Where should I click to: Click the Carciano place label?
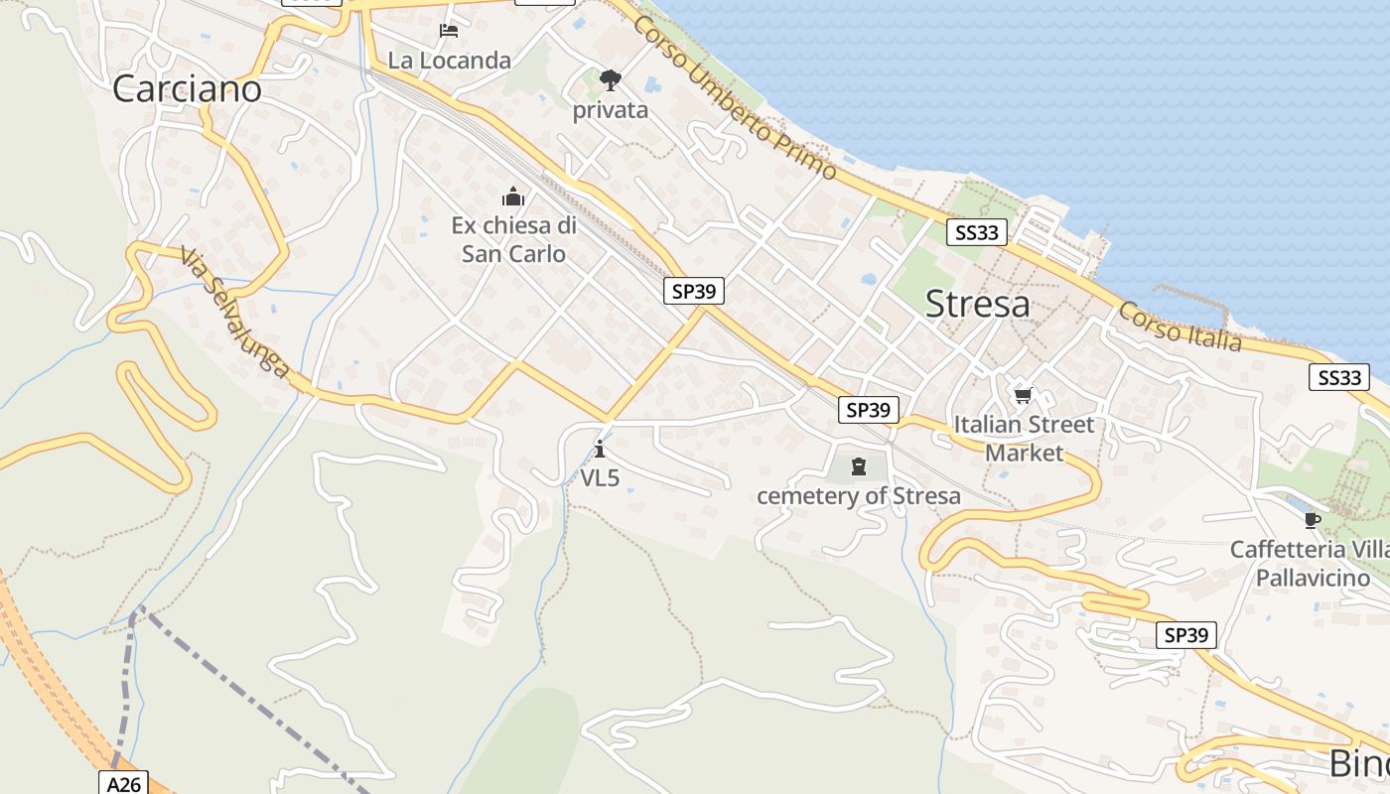[x=187, y=89]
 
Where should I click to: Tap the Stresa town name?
[x=977, y=304]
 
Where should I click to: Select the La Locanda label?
[x=449, y=61]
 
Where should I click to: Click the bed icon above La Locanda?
[x=449, y=31]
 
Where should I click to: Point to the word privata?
[x=610, y=110]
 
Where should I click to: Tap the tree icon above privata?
[x=610, y=79]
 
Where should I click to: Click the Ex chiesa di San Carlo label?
[x=513, y=239]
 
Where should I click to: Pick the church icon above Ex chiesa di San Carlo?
[x=513, y=196]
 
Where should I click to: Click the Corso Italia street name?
[x=1180, y=327]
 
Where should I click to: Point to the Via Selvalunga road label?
[x=234, y=314]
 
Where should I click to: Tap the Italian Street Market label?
[x=1024, y=439]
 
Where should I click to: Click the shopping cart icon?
[x=1024, y=395]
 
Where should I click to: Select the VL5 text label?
[x=600, y=478]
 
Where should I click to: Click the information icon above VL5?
[x=600, y=449]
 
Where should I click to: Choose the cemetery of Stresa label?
[x=859, y=496]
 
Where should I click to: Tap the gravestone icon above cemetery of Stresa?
[x=859, y=465]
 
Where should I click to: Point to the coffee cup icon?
[x=1312, y=520]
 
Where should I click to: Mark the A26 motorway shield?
[x=124, y=784]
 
